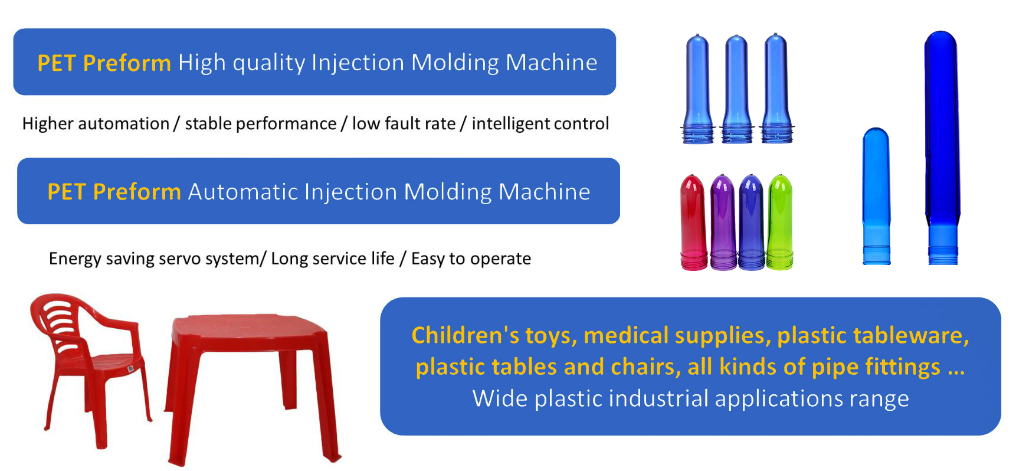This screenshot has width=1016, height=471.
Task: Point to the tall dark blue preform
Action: (x=942, y=148)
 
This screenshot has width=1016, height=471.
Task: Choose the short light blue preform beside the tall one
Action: (x=876, y=196)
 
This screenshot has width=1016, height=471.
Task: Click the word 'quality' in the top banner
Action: (x=268, y=63)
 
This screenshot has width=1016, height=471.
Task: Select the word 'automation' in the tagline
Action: (x=124, y=124)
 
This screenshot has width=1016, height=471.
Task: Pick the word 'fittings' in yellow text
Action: (x=903, y=368)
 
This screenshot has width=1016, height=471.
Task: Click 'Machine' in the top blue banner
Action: (x=552, y=63)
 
